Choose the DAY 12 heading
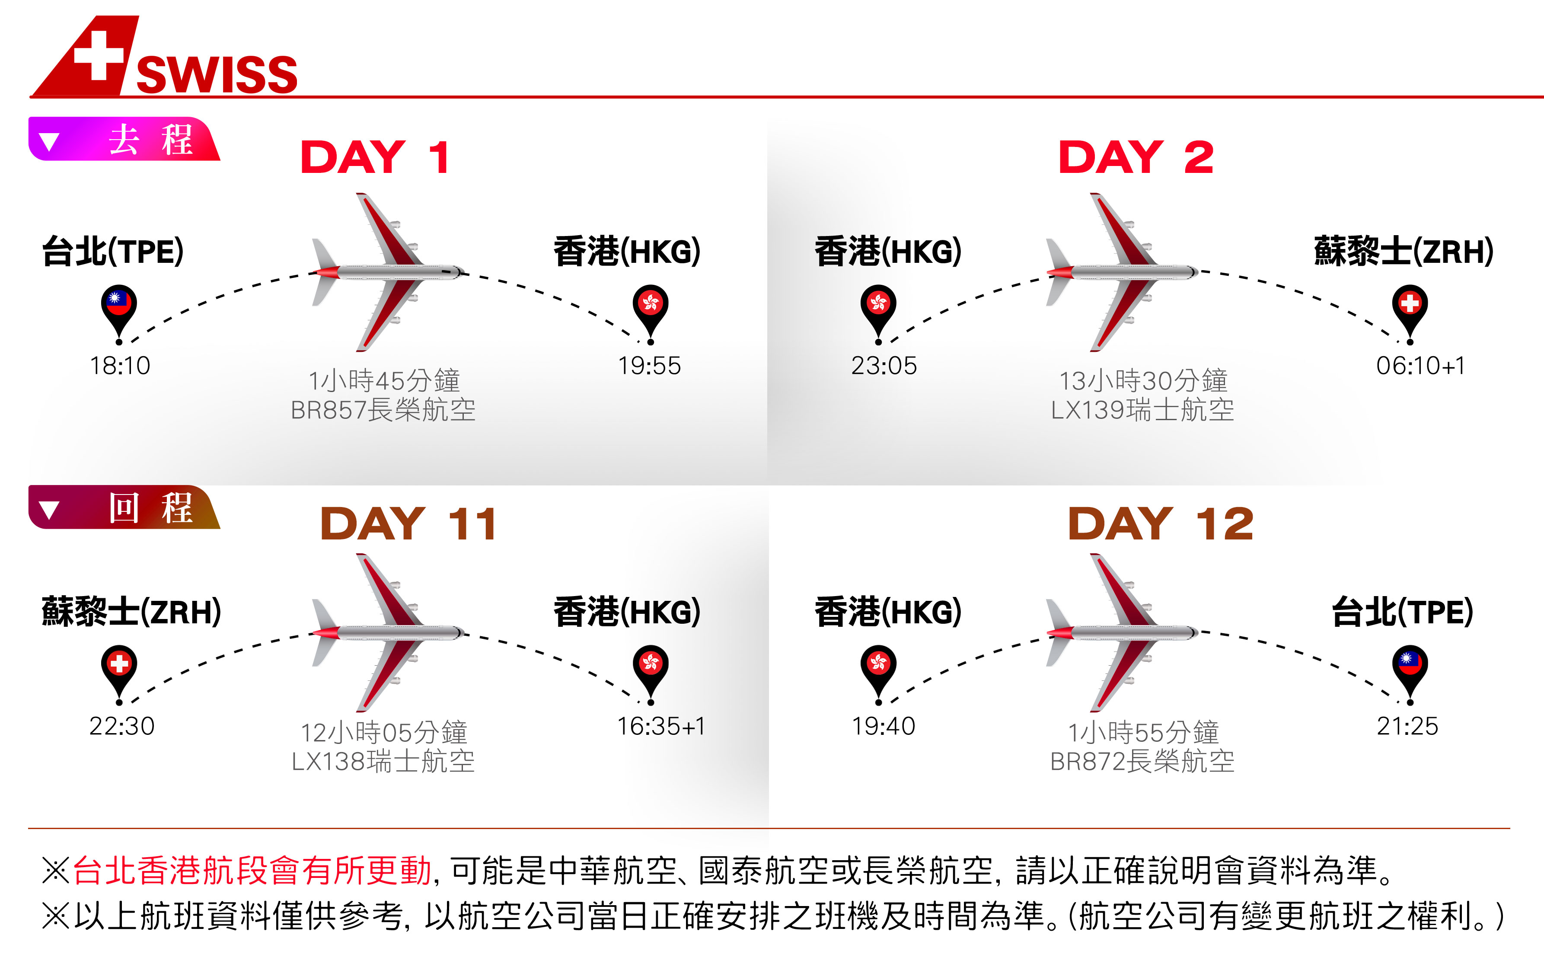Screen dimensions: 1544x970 (1161, 524)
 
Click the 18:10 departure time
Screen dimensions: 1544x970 (120, 366)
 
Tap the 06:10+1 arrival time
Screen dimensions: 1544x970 (1421, 366)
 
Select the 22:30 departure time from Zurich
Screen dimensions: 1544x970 (122, 726)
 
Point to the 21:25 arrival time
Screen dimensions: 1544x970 (1407, 726)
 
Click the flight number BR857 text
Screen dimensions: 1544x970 (328, 410)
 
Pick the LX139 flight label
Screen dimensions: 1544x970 (1088, 410)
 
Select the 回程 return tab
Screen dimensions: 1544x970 (124, 507)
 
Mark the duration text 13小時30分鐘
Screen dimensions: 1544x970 (1143, 381)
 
